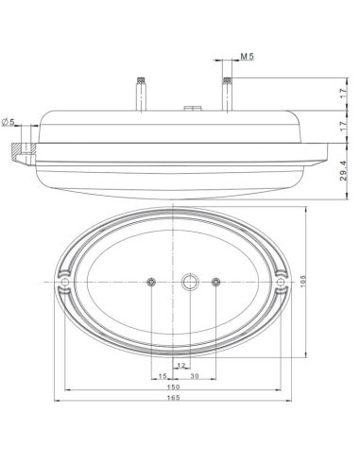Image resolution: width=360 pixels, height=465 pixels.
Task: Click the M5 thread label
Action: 247,58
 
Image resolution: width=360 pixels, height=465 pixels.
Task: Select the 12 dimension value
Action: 180,365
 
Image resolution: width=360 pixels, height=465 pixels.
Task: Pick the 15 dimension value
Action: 163,375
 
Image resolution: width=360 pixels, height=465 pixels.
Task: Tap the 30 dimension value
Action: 195,375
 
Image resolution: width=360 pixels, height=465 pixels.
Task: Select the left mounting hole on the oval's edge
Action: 64,282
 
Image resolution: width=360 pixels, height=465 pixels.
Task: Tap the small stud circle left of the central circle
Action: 151,282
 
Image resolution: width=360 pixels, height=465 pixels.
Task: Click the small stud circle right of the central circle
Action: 216,282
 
